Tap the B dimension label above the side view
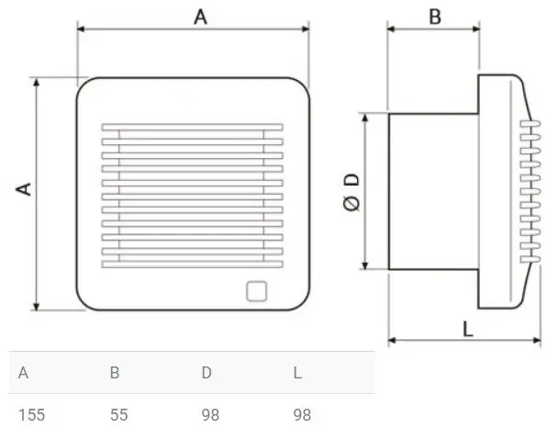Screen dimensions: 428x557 coord(435,16)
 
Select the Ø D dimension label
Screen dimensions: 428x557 coord(350,192)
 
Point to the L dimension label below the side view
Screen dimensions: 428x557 coord(469,327)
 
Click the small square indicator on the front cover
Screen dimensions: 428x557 coord(256,292)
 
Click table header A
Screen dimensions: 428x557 coord(23,373)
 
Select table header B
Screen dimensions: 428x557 coord(115,373)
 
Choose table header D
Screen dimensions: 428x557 coord(207,373)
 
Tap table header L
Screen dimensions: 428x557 coord(297,373)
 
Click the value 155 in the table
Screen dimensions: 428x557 coord(31,414)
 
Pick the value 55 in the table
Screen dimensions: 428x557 coord(118,414)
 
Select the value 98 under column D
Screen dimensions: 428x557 coord(211,414)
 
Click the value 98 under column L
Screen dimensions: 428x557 coord(302,414)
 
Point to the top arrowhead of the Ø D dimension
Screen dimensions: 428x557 coord(369,118)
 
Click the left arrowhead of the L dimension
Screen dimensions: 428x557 coord(392,341)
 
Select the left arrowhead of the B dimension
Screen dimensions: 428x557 coord(392,28)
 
